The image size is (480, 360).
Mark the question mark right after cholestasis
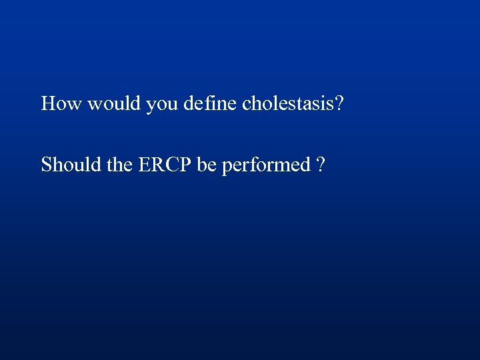(339, 103)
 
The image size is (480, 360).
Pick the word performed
(266, 165)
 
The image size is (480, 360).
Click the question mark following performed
(321, 164)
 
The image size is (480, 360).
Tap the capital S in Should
(46, 164)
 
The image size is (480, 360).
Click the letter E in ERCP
(144, 164)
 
